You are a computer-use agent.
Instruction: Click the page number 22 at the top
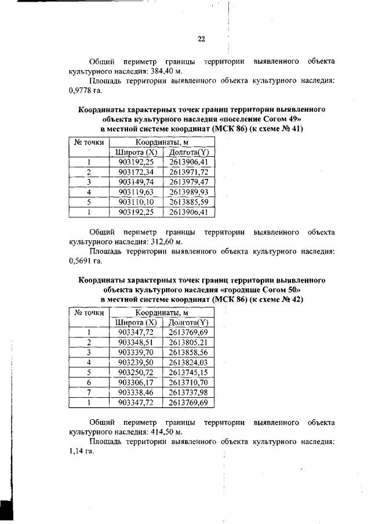coord(201,39)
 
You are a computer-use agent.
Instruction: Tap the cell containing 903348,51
coord(136,342)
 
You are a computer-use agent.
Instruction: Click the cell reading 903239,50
coord(136,362)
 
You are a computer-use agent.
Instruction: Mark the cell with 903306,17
coord(136,382)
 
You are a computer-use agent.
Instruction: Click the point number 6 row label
coord(89,382)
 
